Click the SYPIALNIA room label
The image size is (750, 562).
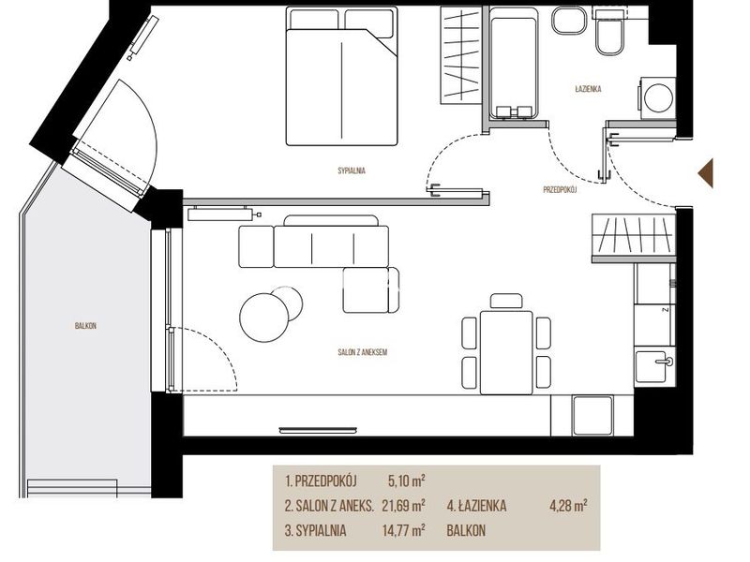[352, 170]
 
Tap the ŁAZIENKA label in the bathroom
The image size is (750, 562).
[588, 89]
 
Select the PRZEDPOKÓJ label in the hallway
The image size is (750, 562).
[560, 190]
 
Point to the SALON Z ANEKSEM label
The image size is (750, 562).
[362, 352]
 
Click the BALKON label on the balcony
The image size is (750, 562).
[85, 326]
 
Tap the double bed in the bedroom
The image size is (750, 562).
[341, 76]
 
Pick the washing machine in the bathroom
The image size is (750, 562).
[657, 98]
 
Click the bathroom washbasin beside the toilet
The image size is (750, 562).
[569, 20]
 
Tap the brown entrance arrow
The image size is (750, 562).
[706, 173]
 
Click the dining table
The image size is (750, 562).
[506, 353]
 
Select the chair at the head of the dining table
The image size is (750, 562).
[506, 302]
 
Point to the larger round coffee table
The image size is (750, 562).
[264, 317]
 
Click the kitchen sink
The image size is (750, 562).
[654, 366]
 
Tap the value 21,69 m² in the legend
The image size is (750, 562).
[404, 506]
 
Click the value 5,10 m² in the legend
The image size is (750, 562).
[407, 481]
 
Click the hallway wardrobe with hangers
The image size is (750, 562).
[634, 238]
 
